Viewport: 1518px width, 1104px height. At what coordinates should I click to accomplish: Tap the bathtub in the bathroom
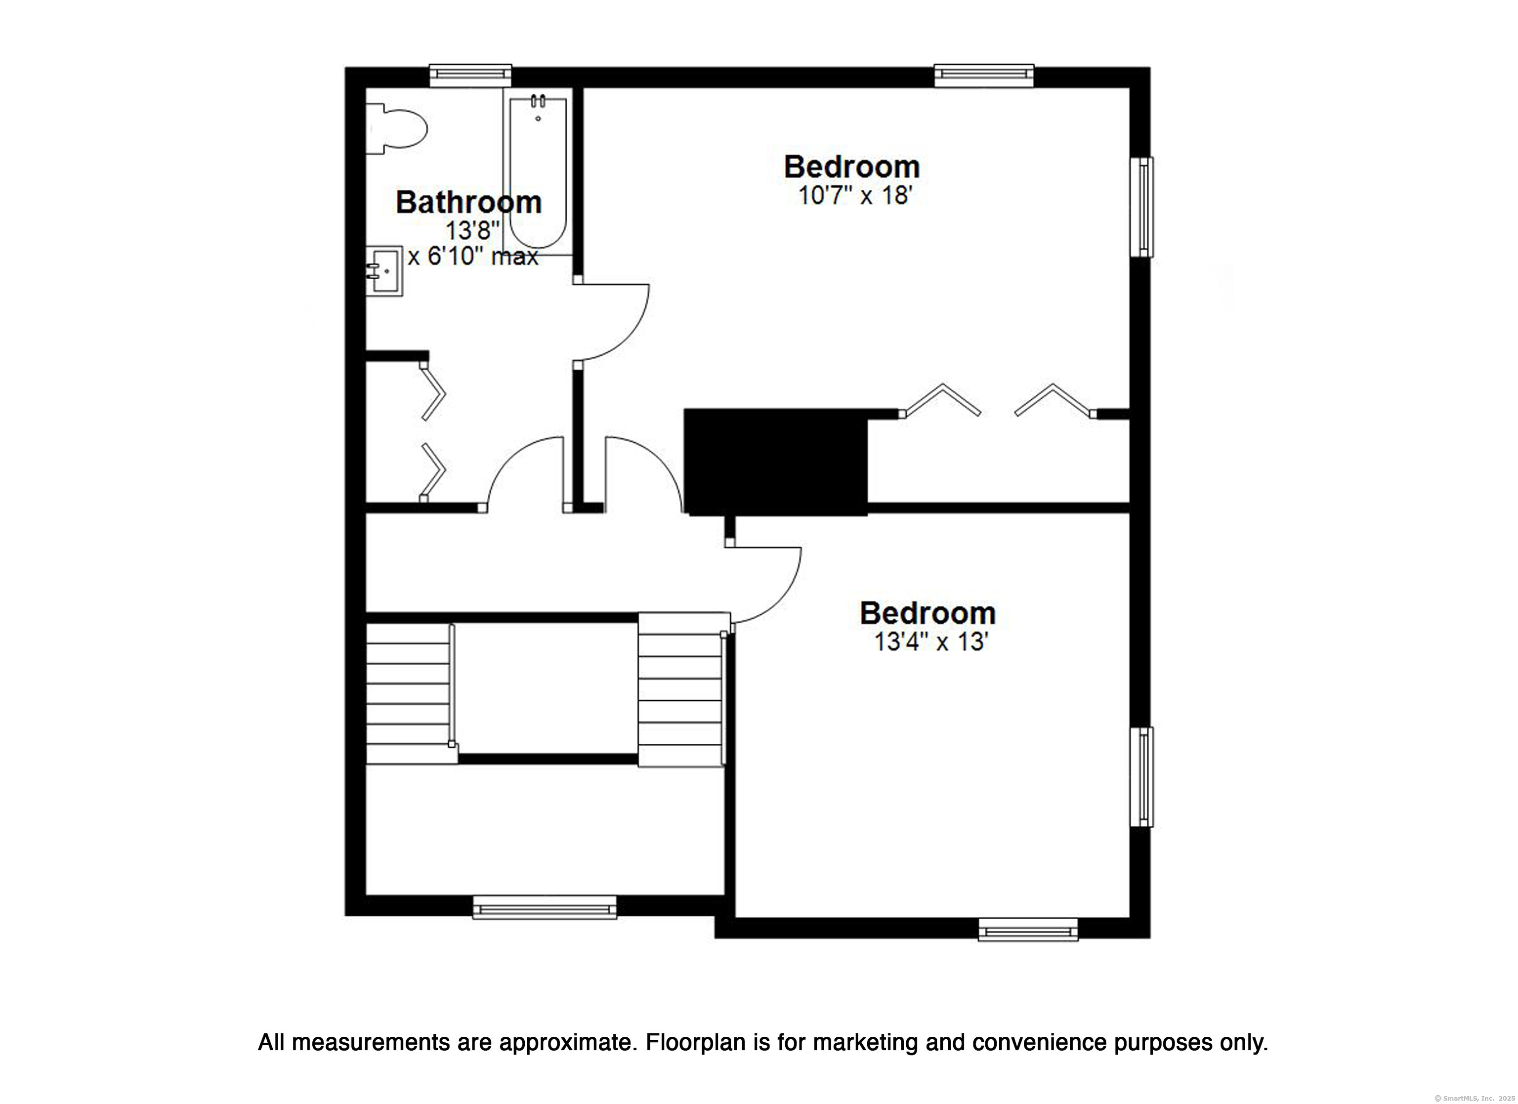[x=538, y=171]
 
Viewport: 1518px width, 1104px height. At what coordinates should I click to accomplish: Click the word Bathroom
[x=468, y=202]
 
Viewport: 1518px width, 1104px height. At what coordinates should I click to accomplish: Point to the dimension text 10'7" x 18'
[x=855, y=196]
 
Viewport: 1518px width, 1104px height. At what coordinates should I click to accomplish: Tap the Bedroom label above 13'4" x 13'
[x=928, y=613]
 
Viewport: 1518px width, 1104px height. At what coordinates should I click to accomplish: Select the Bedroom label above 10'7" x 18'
[x=852, y=167]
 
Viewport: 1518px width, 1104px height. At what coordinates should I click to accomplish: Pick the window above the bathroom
[x=470, y=75]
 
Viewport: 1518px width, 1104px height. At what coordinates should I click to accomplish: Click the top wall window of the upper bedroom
[x=984, y=75]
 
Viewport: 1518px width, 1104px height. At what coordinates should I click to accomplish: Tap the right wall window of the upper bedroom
[x=1142, y=207]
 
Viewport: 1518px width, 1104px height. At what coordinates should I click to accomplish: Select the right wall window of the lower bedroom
[x=1142, y=777]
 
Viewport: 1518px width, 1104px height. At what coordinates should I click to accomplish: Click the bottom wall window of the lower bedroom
[x=1028, y=929]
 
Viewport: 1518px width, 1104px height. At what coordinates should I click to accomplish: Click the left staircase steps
[x=408, y=694]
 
